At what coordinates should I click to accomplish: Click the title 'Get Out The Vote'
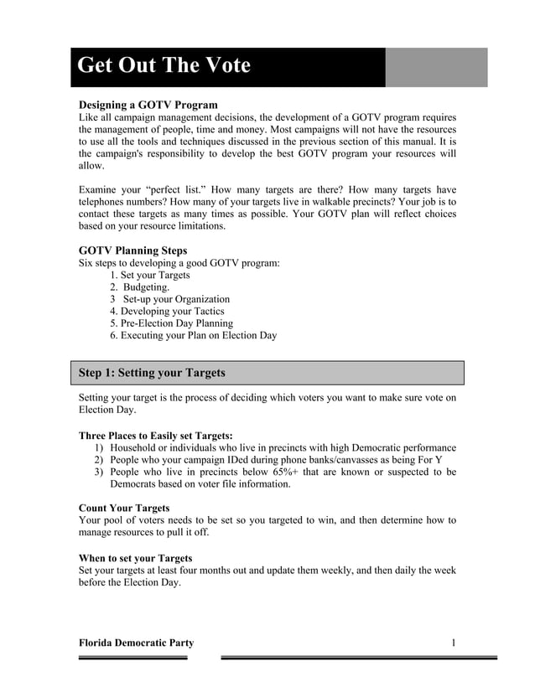[x=164, y=66]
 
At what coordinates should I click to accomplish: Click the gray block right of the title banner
[x=436, y=67]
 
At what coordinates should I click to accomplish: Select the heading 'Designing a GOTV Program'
[x=148, y=105]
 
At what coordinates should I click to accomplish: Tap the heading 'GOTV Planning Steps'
[x=132, y=250]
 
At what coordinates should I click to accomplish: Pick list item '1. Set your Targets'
[x=150, y=275]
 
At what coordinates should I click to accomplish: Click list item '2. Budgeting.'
[x=139, y=287]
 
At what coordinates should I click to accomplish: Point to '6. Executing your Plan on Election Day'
[x=193, y=335]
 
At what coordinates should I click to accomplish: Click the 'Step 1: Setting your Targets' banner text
[x=152, y=373]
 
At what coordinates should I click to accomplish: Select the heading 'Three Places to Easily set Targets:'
[x=155, y=436]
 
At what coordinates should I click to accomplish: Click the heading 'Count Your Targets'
[x=124, y=508]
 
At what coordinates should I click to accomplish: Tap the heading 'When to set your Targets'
[x=135, y=558]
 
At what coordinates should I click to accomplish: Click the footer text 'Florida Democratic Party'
[x=136, y=643]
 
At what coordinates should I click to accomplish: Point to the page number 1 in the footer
[x=453, y=643]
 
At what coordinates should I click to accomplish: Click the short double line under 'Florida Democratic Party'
[x=132, y=658]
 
